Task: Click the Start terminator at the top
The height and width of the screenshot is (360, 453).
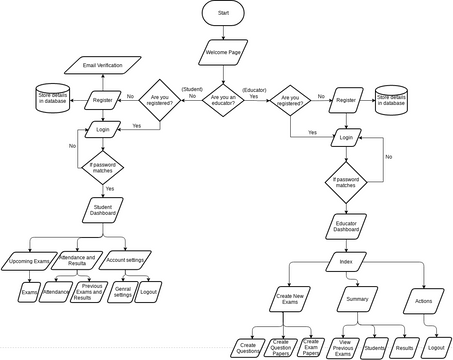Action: (223, 13)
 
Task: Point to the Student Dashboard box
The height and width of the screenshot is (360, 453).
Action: (102, 212)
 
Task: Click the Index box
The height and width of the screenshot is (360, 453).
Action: (345, 262)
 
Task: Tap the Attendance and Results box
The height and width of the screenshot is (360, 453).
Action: (84, 260)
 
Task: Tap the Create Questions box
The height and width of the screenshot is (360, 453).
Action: (247, 347)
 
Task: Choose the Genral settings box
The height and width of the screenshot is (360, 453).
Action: (124, 293)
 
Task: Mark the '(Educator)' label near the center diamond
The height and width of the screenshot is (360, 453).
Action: (257, 89)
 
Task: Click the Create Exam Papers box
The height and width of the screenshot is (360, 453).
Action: (313, 347)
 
